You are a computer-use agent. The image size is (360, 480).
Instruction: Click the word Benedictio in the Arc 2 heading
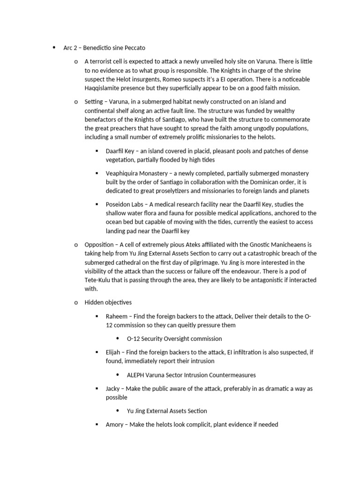tap(103, 47)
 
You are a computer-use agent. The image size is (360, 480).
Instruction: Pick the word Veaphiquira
tap(122, 173)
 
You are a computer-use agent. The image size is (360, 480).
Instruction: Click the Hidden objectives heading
tap(108, 302)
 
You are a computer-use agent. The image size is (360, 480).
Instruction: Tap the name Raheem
tap(116, 316)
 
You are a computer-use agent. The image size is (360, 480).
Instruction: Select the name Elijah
tap(114, 352)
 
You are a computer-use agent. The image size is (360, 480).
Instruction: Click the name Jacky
tap(113, 389)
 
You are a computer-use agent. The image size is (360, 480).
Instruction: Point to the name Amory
tap(115, 424)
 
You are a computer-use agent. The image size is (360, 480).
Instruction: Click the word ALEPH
tap(136, 375)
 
